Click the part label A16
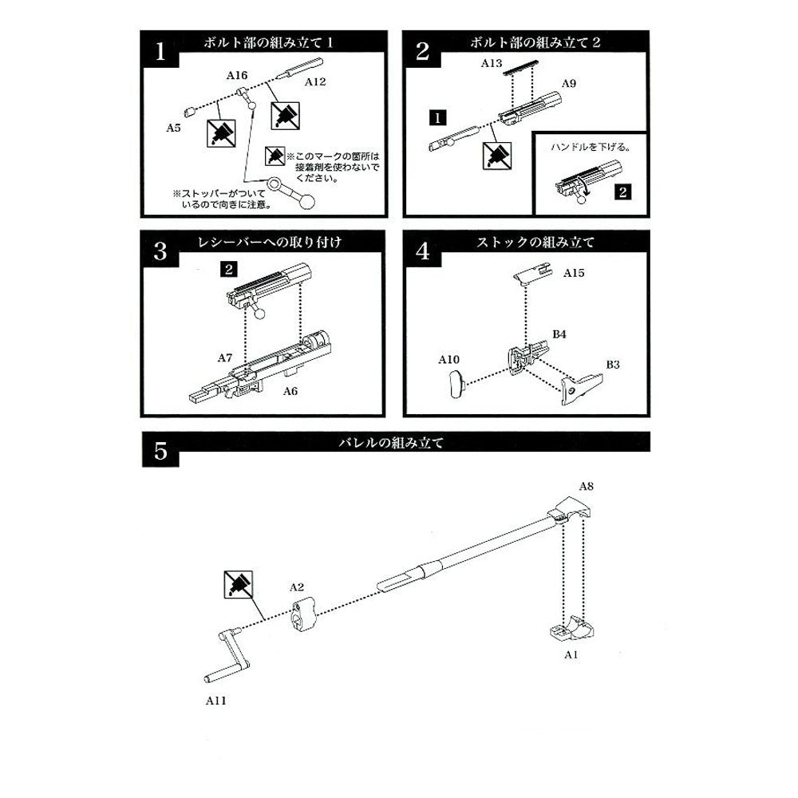click(237, 75)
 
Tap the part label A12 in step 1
click(315, 81)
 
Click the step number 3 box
click(160, 252)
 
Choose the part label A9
click(569, 84)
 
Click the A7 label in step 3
click(225, 359)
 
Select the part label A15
click(574, 273)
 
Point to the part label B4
click(559, 334)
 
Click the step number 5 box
click(160, 452)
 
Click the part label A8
click(587, 485)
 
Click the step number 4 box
click(423, 252)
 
